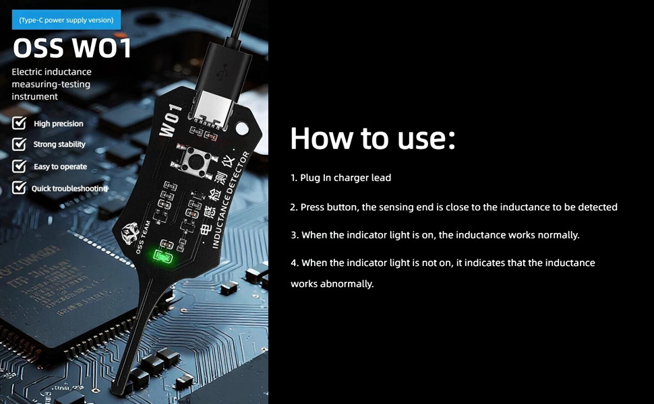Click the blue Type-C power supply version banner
coord(66,20)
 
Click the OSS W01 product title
coord(72,48)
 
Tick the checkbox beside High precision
coord(19,123)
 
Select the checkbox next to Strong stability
coord(19,143)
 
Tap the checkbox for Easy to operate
coord(19,166)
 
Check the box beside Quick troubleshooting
coord(19,187)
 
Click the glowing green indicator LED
coord(162,256)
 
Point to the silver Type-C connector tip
coord(212,107)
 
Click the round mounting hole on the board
coord(242,129)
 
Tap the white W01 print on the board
coord(171,121)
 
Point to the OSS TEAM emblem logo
coord(129,233)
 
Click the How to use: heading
coord(373,138)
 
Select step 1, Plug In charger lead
coord(340,178)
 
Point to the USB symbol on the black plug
coord(220,73)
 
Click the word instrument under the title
coord(34,96)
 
